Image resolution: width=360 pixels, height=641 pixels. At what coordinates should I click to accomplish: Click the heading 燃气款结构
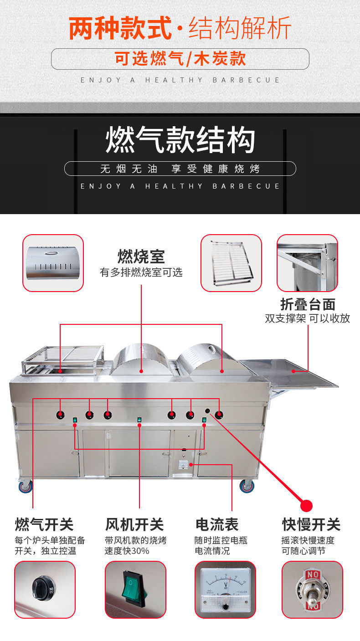180,139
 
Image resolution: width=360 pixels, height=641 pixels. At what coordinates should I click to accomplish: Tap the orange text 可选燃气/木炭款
180,59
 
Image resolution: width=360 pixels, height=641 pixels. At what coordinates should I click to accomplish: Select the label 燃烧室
141,256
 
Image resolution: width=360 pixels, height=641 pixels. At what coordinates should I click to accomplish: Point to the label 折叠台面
308,304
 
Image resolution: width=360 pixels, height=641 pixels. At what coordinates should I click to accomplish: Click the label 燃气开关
44,524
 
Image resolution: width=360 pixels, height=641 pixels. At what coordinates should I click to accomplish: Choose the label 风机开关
134,524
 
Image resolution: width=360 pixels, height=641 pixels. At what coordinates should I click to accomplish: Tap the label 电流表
217,524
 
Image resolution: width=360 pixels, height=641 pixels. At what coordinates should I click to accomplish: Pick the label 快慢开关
311,524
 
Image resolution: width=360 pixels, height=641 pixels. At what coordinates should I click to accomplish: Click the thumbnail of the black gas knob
45,590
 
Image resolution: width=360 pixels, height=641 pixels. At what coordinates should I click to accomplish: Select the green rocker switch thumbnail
135,590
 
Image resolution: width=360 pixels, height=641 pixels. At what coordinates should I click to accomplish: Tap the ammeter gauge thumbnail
225,590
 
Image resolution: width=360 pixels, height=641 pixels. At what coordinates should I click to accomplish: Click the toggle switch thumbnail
312,590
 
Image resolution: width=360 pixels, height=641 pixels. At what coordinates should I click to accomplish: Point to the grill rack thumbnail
231,263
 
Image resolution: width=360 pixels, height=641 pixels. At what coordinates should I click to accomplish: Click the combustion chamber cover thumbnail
53,263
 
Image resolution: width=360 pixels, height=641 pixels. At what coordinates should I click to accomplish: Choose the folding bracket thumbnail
307,263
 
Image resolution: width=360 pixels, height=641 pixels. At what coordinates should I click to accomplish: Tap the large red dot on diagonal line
307,505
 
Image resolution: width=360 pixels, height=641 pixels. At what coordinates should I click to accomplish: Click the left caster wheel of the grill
26,487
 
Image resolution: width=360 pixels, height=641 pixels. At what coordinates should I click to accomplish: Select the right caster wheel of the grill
247,486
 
